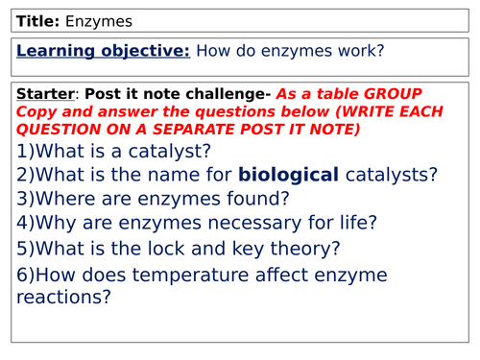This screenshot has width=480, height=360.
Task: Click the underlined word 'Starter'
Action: pyautogui.click(x=45, y=94)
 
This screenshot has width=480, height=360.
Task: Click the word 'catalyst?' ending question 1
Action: pyautogui.click(x=173, y=151)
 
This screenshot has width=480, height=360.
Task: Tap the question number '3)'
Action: pyautogui.click(x=27, y=200)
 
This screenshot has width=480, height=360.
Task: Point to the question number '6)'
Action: pyautogui.click(x=27, y=274)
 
